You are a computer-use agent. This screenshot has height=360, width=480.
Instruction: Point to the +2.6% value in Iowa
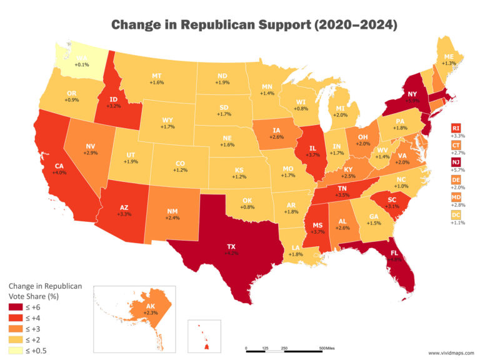(x=277, y=136)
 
